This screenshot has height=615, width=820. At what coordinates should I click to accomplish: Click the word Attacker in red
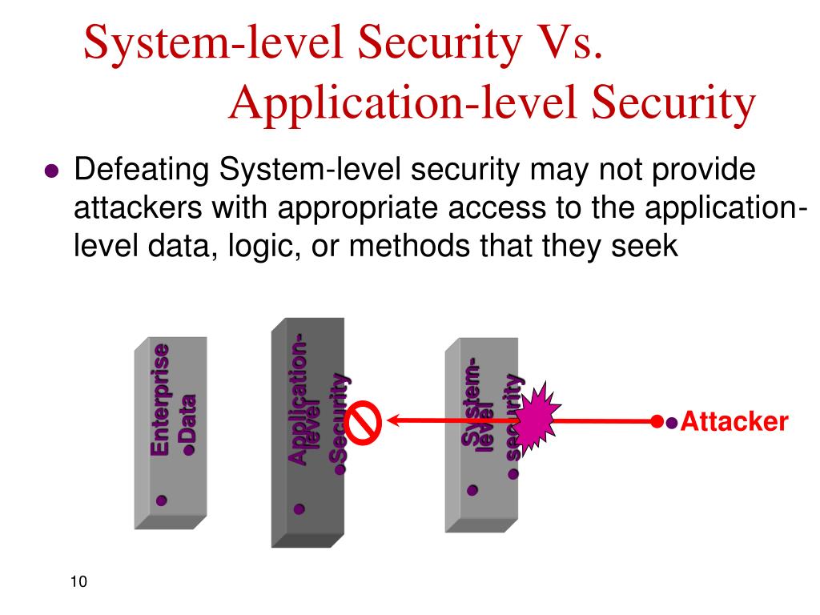point(734,422)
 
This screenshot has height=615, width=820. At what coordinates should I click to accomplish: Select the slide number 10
point(78,581)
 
